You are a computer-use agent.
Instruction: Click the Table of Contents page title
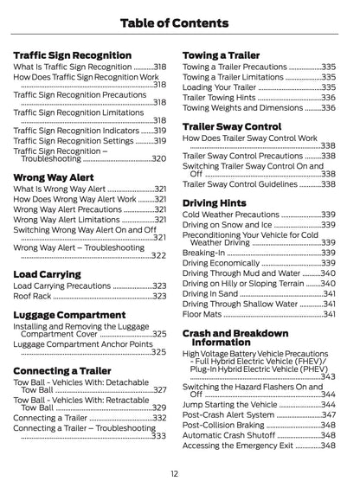pos(180,22)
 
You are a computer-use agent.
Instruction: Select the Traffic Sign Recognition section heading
pos(72,55)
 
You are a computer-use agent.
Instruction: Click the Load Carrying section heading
pos(48,273)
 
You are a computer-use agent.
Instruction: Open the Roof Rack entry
pos(35,296)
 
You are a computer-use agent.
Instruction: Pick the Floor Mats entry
pos(205,314)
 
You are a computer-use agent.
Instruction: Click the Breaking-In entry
pos(207,262)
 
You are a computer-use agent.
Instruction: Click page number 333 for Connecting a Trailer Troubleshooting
pos(158,436)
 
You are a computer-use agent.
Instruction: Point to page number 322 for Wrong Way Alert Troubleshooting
pos(158,255)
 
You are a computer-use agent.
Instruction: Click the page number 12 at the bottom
pos(175,473)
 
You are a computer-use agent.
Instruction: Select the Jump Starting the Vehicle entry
pos(230,404)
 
